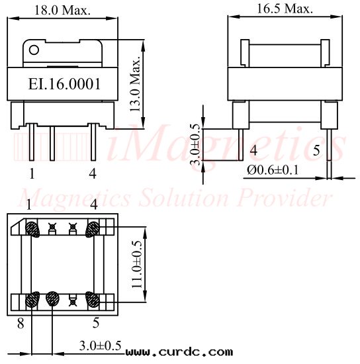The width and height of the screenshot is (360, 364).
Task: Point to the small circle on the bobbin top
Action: [34, 49]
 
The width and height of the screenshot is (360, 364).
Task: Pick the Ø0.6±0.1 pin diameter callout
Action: [273, 169]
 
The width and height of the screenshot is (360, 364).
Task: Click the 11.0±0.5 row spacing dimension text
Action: [137, 265]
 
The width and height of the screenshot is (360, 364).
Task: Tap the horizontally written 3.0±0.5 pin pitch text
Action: [100, 345]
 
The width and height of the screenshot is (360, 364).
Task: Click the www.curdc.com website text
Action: [179, 352]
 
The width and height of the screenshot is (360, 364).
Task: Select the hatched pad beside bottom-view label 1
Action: [32, 229]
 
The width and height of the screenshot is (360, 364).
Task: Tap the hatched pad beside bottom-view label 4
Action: [93, 229]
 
